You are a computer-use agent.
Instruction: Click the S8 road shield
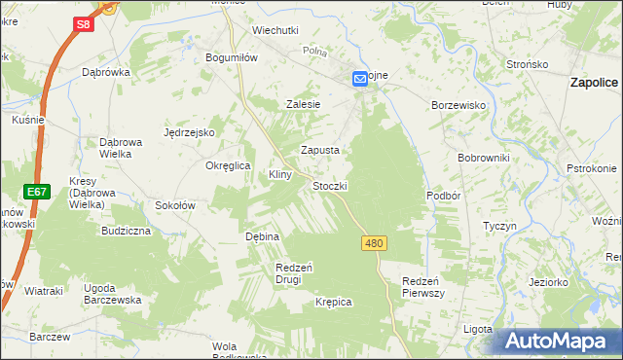85,23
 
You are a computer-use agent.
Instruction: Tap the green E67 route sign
37,192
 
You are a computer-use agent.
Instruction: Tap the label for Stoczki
330,185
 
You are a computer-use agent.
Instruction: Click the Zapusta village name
320,151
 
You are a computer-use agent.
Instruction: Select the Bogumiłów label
231,57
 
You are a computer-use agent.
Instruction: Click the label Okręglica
229,165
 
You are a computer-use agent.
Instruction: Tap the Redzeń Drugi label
294,273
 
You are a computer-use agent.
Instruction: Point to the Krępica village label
333,303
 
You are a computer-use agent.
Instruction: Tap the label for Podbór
443,195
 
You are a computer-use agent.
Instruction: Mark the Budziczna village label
126,232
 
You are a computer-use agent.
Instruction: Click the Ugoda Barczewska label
113,294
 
